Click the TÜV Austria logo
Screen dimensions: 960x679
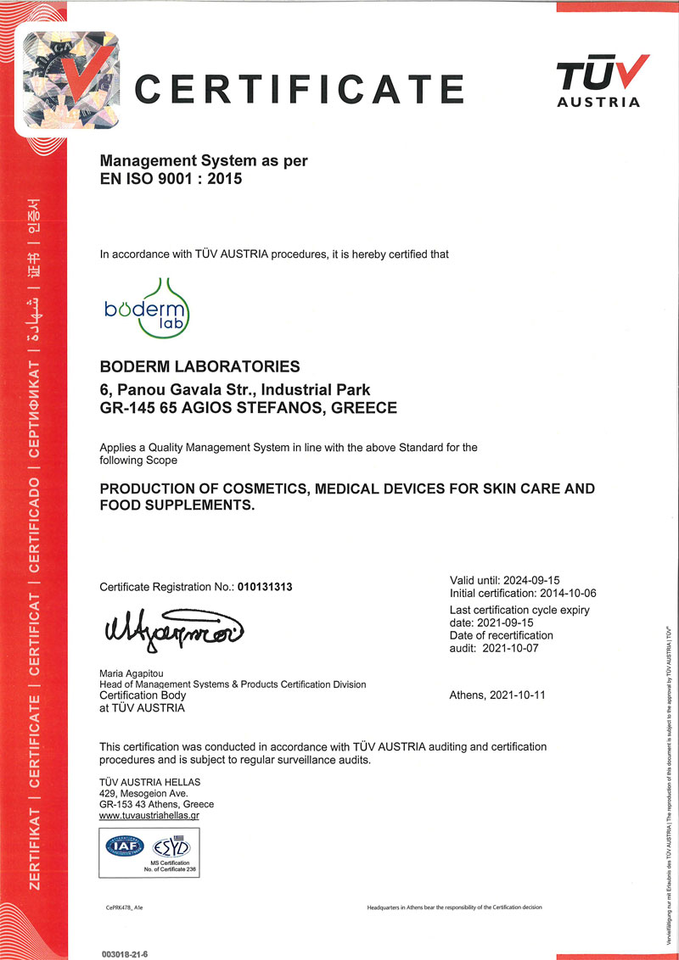coord(603,81)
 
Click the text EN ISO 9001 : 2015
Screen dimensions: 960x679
coord(171,178)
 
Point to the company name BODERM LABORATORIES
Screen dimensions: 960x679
coord(199,367)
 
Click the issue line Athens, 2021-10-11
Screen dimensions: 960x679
coord(497,695)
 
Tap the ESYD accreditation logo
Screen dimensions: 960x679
coord(171,846)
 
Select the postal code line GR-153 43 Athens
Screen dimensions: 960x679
coord(156,804)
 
